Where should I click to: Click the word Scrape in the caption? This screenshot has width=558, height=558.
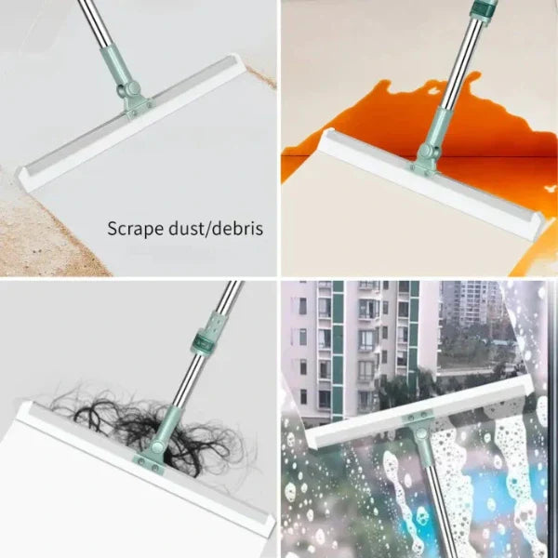(x=132, y=228)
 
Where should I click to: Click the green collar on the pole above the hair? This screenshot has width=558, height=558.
(x=209, y=333)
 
